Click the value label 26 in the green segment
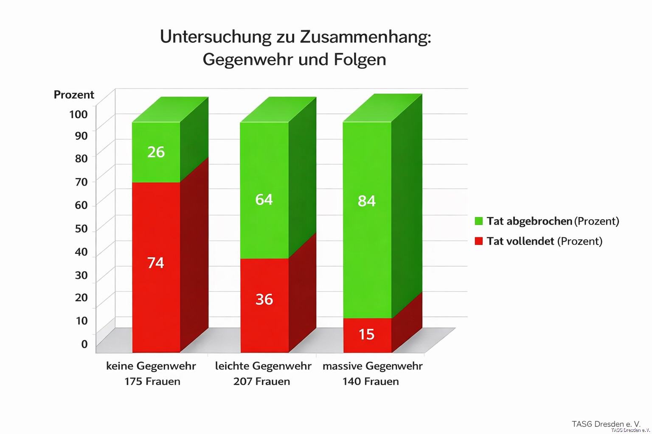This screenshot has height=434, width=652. coord(156,152)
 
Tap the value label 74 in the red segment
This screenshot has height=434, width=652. coord(156,263)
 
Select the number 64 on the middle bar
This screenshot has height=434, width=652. coord(264,200)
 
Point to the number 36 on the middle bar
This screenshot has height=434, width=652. coord(264,300)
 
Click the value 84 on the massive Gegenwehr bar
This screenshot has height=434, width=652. coord(367,201)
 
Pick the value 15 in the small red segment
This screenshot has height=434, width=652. coord(367,335)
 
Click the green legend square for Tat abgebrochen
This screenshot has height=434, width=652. coord(479,221)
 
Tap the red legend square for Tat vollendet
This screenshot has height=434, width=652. coord(479,241)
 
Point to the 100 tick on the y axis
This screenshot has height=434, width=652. coord(79,114)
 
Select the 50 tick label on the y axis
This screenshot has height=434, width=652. coord(81,229)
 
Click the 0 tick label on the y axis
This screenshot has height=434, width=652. coord(84,344)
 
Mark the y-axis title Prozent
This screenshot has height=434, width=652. coord(74,95)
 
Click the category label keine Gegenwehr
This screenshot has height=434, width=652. coord(151,366)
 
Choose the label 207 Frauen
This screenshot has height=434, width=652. coord(261,381)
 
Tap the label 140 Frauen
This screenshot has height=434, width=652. coord(371,381)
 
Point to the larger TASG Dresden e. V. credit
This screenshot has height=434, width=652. coord(606,424)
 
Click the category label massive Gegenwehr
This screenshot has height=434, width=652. coord(372,366)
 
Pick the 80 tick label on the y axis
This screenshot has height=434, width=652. coord(81,159)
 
